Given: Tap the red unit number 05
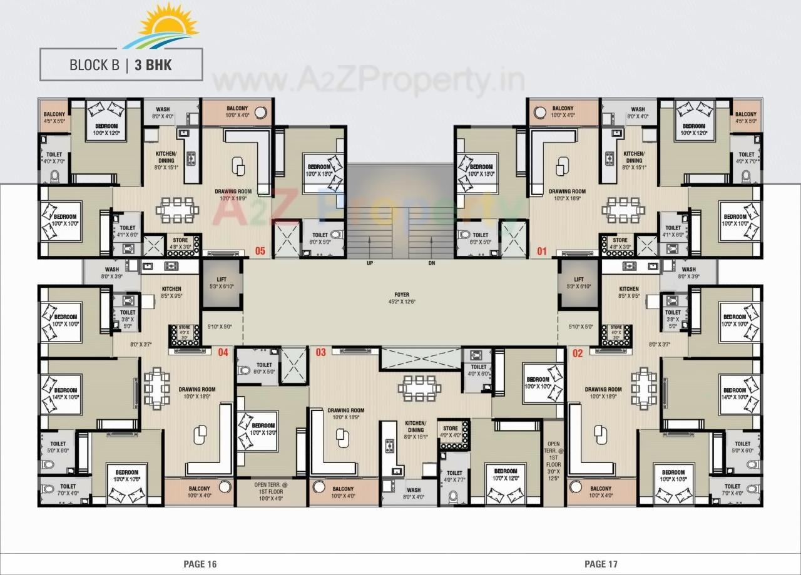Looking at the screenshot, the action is coord(260,252).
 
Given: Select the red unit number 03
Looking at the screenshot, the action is coord(320,353).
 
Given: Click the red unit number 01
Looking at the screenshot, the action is coord(542,252).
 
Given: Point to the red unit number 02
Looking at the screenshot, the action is coord(578,354).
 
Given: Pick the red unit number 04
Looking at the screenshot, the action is coord(223,352).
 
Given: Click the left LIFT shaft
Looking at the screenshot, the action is coord(222,283).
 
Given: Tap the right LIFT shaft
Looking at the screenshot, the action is coord(579,283).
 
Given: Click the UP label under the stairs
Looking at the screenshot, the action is coord(370,263).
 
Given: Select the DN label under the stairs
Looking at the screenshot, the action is coord(432,263).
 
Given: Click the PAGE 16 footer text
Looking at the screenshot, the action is coord(200,564).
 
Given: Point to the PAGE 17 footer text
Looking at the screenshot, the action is coord(601,564).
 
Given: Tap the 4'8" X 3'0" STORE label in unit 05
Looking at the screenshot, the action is coord(182,243).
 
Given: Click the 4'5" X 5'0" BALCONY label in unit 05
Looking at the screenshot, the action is coord(54,118).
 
